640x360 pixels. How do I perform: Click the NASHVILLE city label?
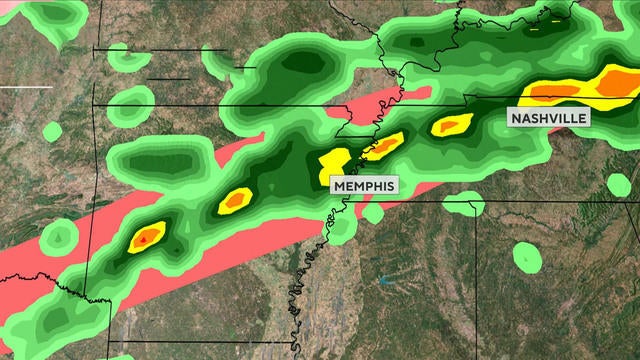(x=548, y=117)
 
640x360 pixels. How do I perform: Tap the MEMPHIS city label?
(x=364, y=185)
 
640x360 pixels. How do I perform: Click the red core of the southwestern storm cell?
(x=147, y=237)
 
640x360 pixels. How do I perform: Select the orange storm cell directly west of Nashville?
(x=450, y=125)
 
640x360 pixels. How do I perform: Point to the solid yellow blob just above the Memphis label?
(x=335, y=160)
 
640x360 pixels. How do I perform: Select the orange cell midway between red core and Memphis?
(x=235, y=199)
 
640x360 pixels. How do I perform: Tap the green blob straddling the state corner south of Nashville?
(x=463, y=204)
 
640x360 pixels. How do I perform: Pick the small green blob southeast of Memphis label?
(x=374, y=212)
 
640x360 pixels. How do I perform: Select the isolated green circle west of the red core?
(x=59, y=236)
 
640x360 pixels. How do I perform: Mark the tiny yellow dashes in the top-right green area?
(x=553, y=17)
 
